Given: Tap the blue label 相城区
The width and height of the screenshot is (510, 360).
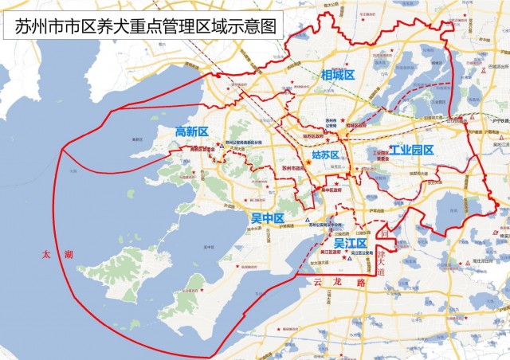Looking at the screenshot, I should click(x=337, y=75).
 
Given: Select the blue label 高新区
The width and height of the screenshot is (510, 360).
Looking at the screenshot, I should click(x=191, y=131).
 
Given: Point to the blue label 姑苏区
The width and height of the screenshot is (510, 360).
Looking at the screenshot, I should click(x=325, y=155).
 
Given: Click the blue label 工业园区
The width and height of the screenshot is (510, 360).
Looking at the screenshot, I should click(x=411, y=150).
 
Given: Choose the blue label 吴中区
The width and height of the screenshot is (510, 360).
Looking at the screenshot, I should click(x=268, y=217).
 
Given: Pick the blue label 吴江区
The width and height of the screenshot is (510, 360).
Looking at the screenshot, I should click(x=350, y=242).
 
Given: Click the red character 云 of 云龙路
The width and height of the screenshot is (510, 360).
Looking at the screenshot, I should click(x=320, y=283).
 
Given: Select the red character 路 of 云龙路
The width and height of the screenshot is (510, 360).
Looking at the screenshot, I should click(x=360, y=283).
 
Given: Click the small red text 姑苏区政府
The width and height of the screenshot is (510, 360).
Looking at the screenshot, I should click(x=318, y=136).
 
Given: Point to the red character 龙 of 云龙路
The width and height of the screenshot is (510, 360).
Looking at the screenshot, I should click(x=339, y=283).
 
